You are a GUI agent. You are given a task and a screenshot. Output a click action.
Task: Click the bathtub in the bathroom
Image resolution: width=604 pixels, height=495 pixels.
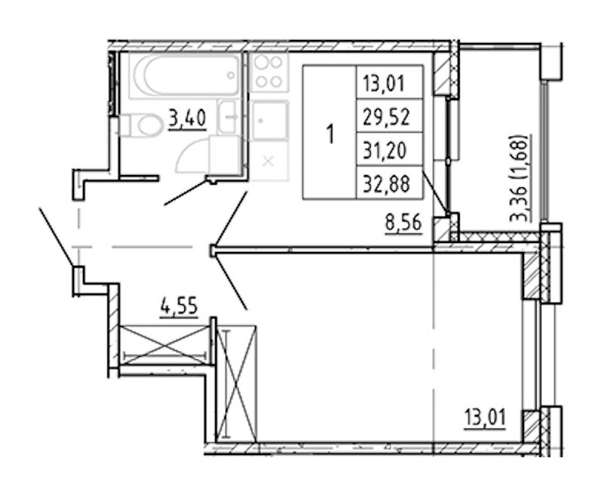[x=185, y=75]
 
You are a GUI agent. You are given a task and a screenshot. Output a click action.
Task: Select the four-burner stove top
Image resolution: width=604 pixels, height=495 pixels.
[x=269, y=72]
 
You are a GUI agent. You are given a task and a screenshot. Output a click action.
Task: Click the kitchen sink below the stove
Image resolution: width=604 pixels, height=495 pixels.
[x=269, y=121]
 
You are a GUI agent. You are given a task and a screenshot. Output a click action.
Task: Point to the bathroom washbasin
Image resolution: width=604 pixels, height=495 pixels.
[x=229, y=117]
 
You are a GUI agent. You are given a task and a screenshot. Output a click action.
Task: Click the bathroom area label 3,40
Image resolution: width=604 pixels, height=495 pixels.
[x=187, y=118]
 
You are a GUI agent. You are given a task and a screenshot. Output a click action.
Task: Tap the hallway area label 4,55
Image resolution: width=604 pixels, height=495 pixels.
[x=179, y=308]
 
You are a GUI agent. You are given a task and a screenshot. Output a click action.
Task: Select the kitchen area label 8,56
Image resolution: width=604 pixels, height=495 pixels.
[x=403, y=223]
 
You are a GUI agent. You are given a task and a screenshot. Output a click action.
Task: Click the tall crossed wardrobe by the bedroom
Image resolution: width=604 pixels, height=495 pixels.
[x=236, y=383]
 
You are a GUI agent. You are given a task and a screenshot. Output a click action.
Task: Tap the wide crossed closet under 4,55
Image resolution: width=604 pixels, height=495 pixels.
[x=165, y=346]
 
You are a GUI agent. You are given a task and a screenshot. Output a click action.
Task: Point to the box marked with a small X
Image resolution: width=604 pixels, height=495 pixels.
[x=269, y=161]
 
